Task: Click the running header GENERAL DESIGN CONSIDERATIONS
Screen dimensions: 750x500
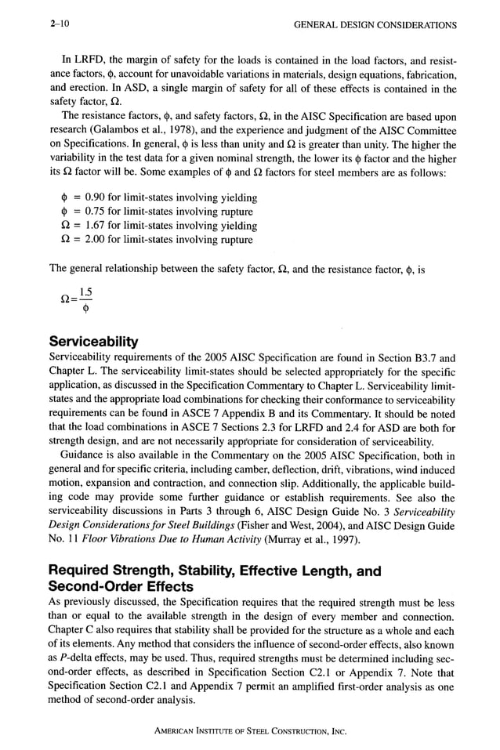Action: (x=375, y=25)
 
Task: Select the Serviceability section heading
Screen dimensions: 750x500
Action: (x=93, y=342)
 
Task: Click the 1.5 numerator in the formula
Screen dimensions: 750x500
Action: (x=85, y=292)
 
